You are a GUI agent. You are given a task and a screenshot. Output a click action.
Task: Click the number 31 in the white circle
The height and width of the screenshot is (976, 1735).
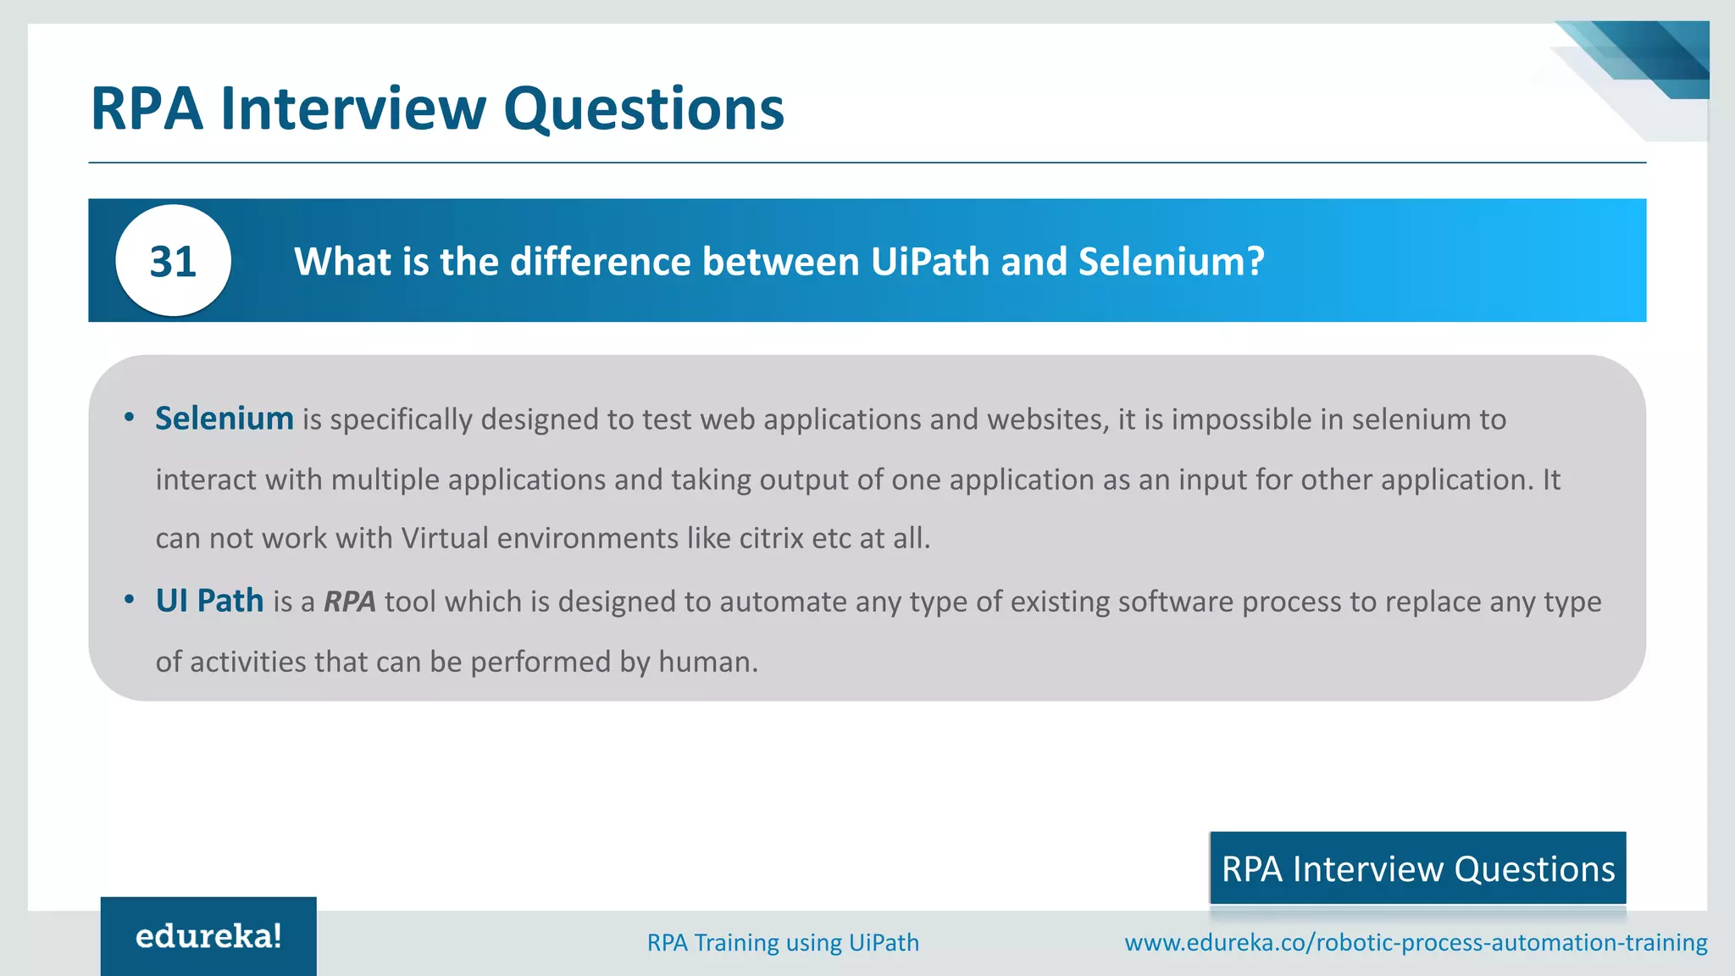tap(173, 262)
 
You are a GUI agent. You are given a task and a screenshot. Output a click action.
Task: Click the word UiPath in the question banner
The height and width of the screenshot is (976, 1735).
tap(929, 262)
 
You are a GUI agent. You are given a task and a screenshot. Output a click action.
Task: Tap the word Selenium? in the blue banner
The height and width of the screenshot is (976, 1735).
tap(1171, 262)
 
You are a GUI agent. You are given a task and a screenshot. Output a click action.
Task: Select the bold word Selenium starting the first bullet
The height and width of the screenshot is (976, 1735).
tap(224, 419)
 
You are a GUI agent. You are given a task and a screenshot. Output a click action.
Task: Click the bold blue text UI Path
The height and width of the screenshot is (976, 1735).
tap(209, 601)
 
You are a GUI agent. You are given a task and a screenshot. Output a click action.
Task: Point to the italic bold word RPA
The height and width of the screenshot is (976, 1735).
tap(349, 602)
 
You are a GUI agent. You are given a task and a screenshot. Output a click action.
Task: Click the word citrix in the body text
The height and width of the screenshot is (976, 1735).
tap(771, 538)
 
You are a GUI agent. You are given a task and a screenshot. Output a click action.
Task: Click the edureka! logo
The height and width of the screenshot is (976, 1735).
tap(208, 936)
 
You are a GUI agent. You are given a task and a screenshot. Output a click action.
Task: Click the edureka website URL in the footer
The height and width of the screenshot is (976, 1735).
tap(1416, 942)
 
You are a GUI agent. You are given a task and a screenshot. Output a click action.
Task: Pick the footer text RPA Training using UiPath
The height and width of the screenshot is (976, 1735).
tap(783, 942)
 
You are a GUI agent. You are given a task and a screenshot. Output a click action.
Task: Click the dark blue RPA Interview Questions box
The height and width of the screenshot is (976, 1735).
tap(1417, 868)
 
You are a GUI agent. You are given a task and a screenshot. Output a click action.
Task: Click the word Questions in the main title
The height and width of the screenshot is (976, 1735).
tap(644, 109)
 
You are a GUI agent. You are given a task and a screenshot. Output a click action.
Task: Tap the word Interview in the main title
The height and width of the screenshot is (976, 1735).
tap(353, 109)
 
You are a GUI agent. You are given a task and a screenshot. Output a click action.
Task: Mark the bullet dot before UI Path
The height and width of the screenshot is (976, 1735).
tap(129, 600)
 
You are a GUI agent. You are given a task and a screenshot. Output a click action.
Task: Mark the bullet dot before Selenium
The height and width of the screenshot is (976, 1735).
tap(129, 417)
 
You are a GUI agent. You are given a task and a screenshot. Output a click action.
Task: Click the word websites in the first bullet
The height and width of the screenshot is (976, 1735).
tap(1048, 419)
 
